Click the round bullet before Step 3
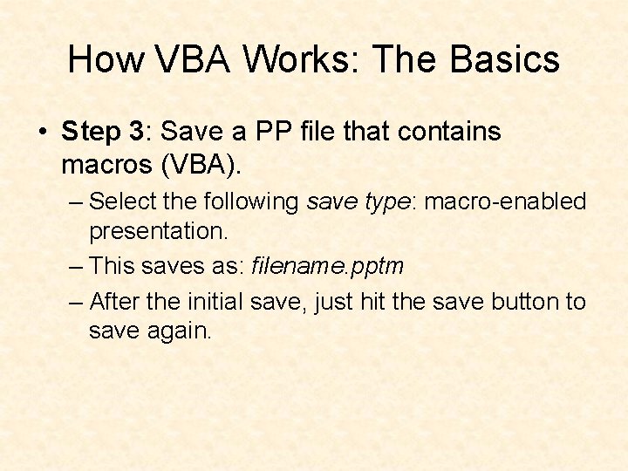[42, 133]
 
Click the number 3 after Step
[134, 133]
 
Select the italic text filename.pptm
[327, 265]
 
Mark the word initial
[212, 302]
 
